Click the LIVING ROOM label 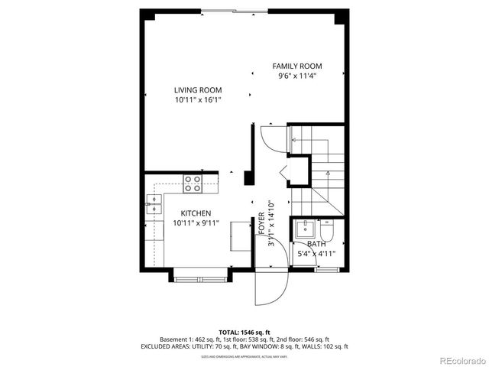(x=197, y=89)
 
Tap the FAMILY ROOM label (x=297, y=66)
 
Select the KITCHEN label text (x=196, y=213)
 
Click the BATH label (x=316, y=244)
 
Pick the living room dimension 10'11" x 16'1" (x=197, y=99)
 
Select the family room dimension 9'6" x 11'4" (x=297, y=76)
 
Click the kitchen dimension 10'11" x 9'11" (x=196, y=223)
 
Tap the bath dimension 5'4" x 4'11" (x=316, y=254)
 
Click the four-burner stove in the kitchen (x=193, y=183)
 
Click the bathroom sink (x=306, y=229)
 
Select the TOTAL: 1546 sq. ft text (x=244, y=331)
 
